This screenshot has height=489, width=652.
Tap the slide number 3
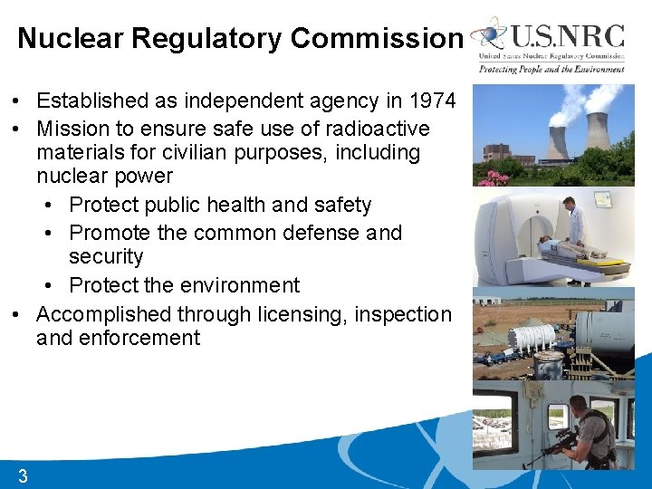[x=23, y=476]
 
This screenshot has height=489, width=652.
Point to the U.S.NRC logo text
[x=568, y=38]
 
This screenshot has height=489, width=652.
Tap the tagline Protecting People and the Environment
[x=551, y=69]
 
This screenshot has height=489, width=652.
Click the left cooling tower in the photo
[x=557, y=143]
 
